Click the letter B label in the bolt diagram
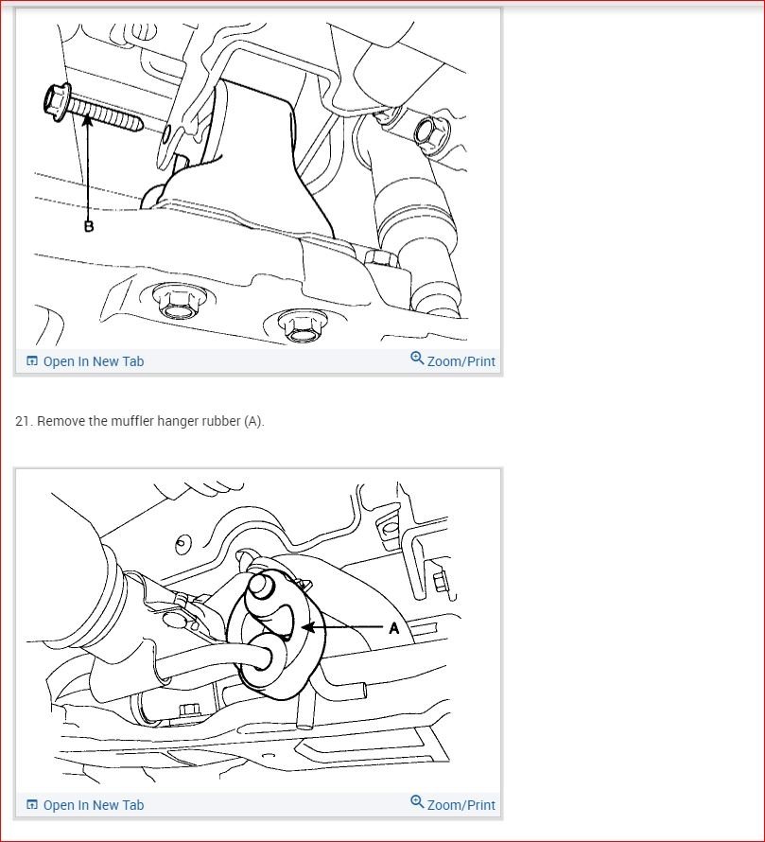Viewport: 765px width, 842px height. (x=89, y=226)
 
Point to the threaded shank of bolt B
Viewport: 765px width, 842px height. (x=106, y=114)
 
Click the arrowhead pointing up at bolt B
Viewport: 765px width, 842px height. (x=88, y=120)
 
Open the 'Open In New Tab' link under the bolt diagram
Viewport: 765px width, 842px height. (x=94, y=361)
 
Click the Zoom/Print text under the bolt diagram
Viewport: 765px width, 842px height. (x=461, y=361)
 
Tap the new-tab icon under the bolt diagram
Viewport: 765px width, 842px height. (x=32, y=360)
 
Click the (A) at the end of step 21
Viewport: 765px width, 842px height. (x=253, y=422)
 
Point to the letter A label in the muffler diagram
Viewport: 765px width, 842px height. (x=394, y=628)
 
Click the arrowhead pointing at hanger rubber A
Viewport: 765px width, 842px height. (x=308, y=626)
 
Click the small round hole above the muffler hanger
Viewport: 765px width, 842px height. (x=183, y=544)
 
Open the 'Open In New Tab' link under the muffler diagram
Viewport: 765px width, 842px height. (x=94, y=805)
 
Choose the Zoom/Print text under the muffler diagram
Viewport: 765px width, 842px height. (x=461, y=805)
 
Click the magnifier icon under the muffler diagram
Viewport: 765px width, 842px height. (x=417, y=802)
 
